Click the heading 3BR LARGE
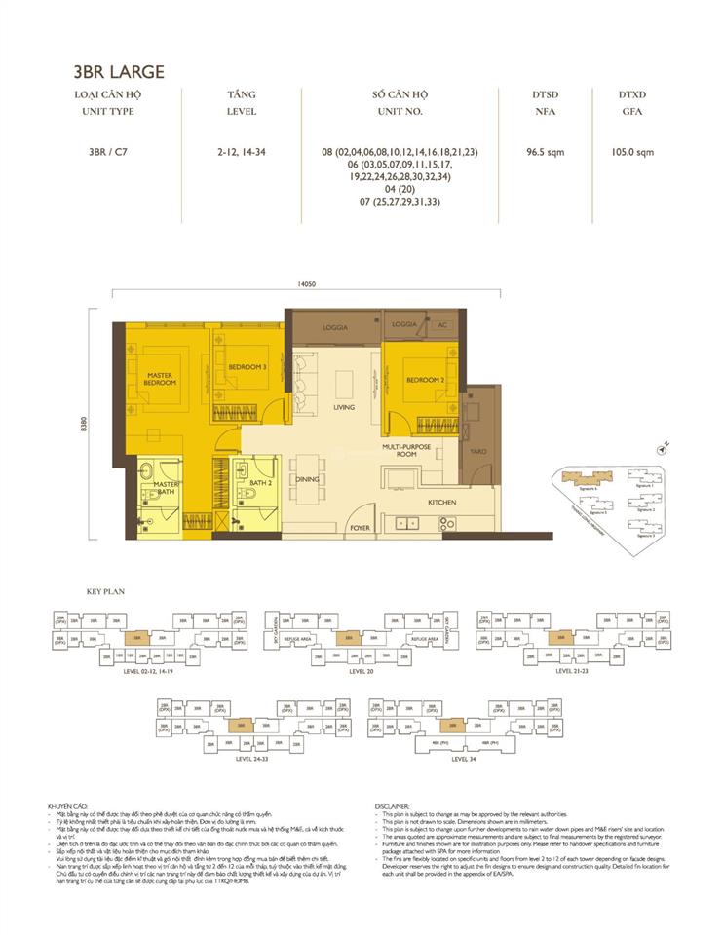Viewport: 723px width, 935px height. click(118, 71)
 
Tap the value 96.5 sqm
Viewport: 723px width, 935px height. click(546, 152)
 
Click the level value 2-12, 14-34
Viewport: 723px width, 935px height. click(242, 152)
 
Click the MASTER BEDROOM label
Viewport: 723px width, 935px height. click(160, 379)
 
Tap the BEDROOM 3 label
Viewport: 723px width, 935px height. click(247, 367)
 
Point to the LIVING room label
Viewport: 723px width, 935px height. click(343, 407)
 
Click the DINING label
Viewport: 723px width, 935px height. click(308, 479)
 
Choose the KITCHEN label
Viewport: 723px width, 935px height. click(441, 502)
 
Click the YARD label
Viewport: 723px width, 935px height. click(477, 451)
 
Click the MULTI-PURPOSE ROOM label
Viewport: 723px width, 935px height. click(400, 450)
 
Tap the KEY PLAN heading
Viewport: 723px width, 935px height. click(101, 591)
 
